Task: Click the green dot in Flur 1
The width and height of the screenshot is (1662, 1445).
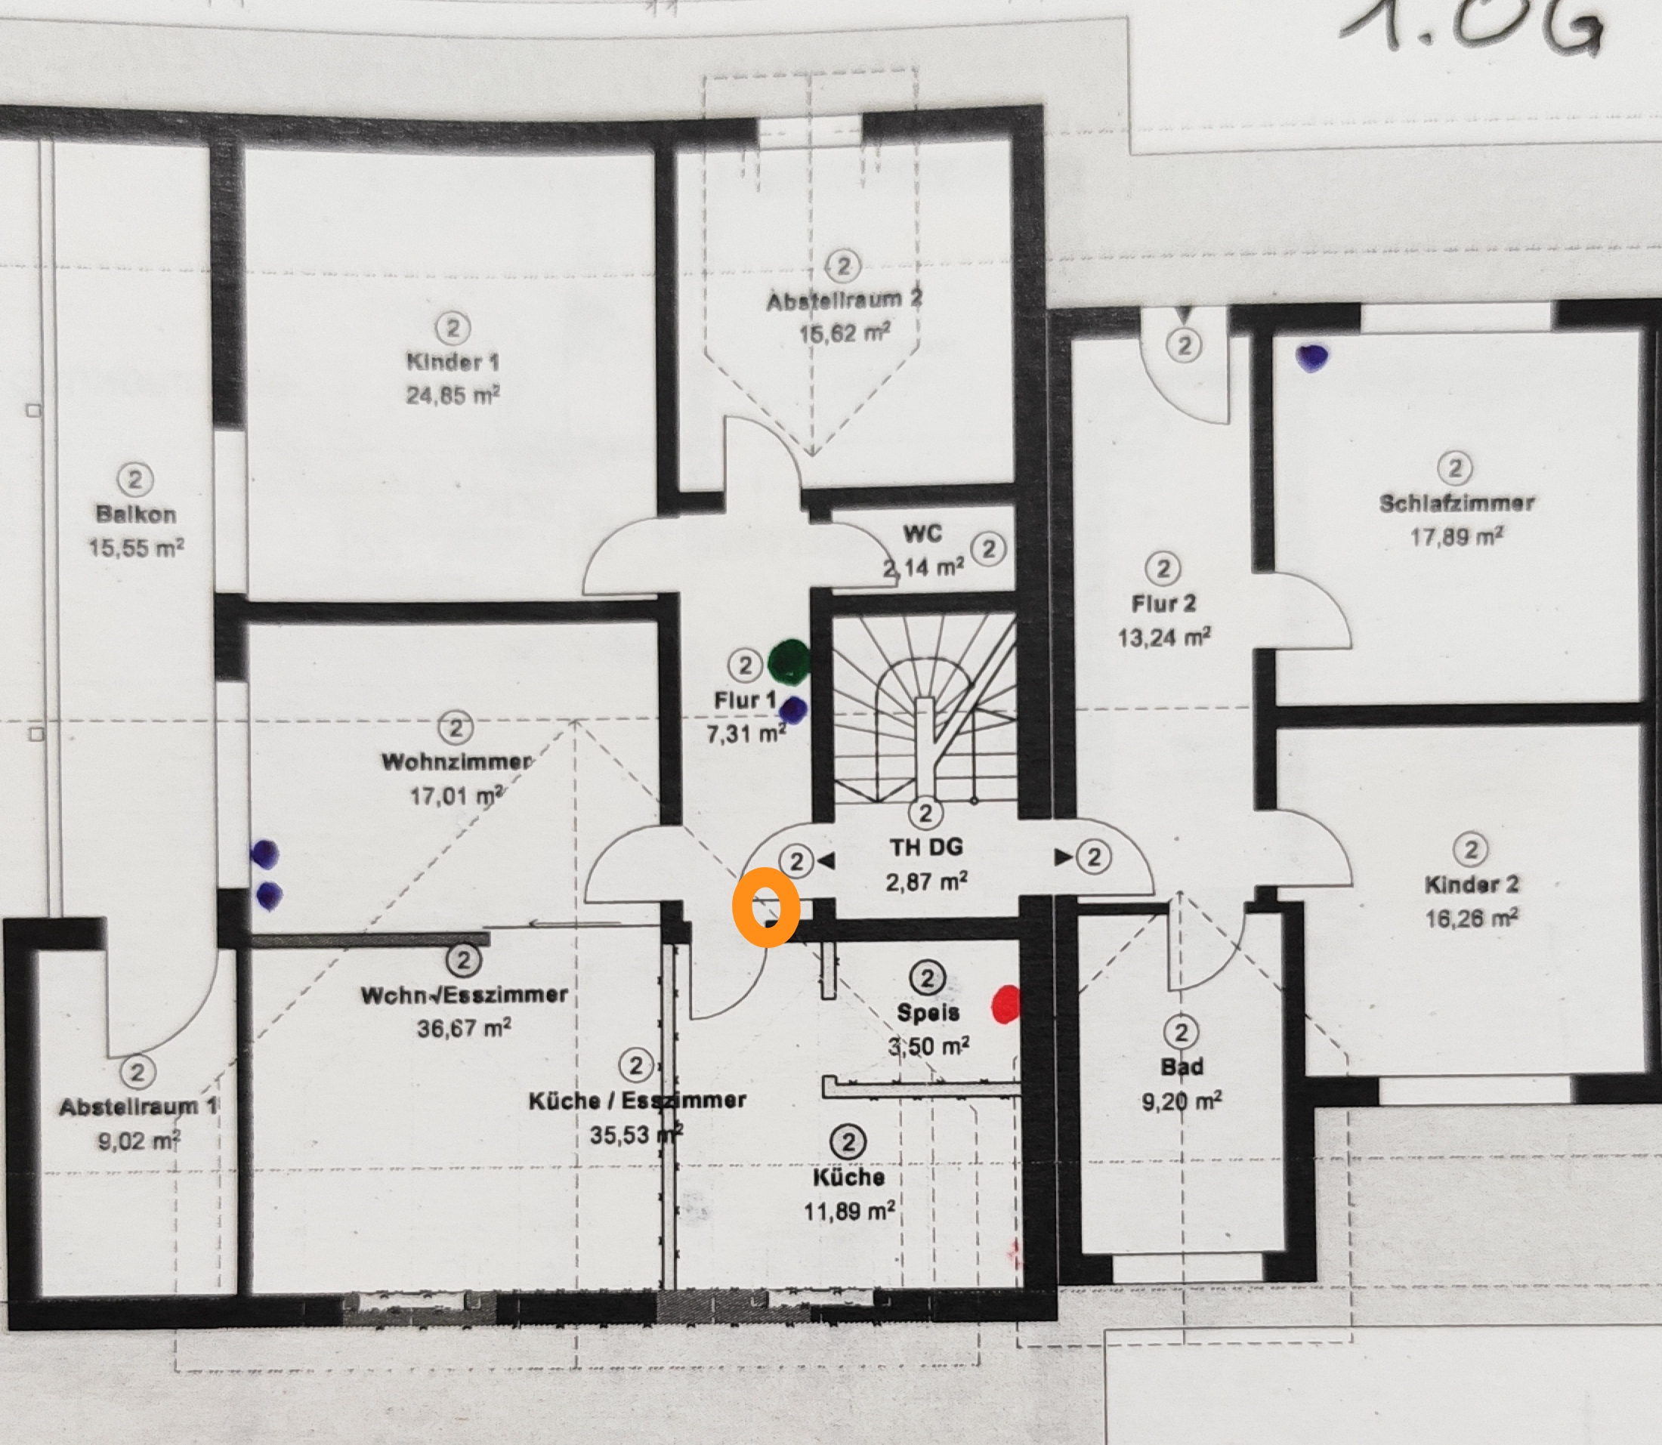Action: pos(789,661)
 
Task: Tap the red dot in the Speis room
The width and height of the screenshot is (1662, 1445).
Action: pos(1006,1005)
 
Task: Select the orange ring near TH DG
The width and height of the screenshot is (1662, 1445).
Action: pos(765,907)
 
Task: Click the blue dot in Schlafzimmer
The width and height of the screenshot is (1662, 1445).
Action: pos(1312,357)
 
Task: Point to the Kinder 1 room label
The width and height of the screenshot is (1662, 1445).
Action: pos(453,361)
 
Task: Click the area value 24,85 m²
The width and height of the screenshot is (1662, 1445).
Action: pos(453,394)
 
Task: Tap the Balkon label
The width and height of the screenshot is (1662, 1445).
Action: pos(135,514)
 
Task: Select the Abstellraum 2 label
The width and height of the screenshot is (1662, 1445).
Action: pos(845,301)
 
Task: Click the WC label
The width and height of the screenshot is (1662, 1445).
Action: pos(922,533)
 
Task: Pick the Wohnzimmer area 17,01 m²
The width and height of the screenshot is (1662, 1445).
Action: pos(456,796)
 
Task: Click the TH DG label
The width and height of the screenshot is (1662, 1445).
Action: pos(925,848)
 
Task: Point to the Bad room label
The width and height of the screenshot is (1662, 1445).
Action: pos(1182,1067)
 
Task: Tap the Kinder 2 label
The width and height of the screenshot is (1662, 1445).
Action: pos(1472,884)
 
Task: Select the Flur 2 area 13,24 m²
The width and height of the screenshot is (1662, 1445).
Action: pos(1163,638)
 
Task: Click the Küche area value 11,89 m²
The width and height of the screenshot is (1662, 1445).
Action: pos(848,1210)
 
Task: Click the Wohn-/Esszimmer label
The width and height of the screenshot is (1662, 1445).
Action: pos(464,994)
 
